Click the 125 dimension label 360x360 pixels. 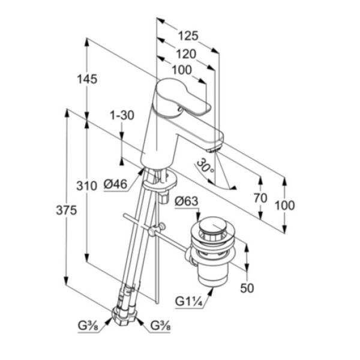tap(188, 36)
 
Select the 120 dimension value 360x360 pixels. tap(186, 54)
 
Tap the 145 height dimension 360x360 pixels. tap(87, 79)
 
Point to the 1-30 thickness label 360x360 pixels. tap(122, 115)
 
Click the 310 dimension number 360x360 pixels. tap(86, 186)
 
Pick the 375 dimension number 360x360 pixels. tap(67, 210)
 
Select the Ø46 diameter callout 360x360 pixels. tap(115, 184)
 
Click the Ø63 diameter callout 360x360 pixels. tap(187, 202)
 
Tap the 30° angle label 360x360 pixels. tap(205, 166)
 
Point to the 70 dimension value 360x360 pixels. tap(260, 198)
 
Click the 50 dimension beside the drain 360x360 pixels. tap(247, 288)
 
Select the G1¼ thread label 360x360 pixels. tap(189, 301)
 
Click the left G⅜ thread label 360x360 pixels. tap(88, 326)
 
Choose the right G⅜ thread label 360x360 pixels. tap(160, 326)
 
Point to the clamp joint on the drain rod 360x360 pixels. tap(156, 230)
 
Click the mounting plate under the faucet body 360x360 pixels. tap(160, 181)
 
